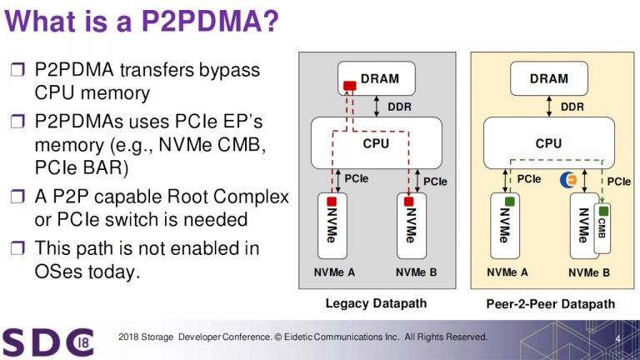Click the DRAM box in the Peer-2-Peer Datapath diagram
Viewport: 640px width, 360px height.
point(547,79)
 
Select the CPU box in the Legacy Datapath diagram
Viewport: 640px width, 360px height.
point(376,143)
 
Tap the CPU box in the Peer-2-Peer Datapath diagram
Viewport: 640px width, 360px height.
point(547,143)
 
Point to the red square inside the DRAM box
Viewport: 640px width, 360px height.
point(350,85)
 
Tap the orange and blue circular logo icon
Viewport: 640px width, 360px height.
point(569,179)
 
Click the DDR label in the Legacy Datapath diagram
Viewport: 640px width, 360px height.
point(399,107)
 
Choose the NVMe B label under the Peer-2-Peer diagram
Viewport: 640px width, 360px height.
point(589,272)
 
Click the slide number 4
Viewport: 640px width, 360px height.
point(618,338)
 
